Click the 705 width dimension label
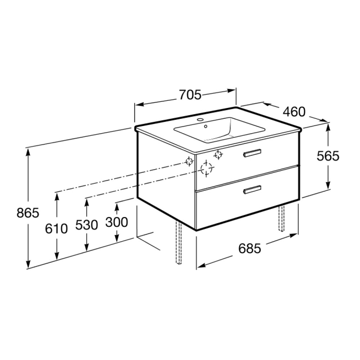[x=190, y=95]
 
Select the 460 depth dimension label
[x=294, y=112]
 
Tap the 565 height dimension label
[x=328, y=156]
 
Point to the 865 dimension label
[x=28, y=213]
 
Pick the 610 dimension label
[x=57, y=229]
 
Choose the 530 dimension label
[x=87, y=225]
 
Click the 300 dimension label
[x=117, y=222]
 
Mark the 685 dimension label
[x=250, y=248]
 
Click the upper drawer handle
[x=252, y=153]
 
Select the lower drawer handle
[x=252, y=189]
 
